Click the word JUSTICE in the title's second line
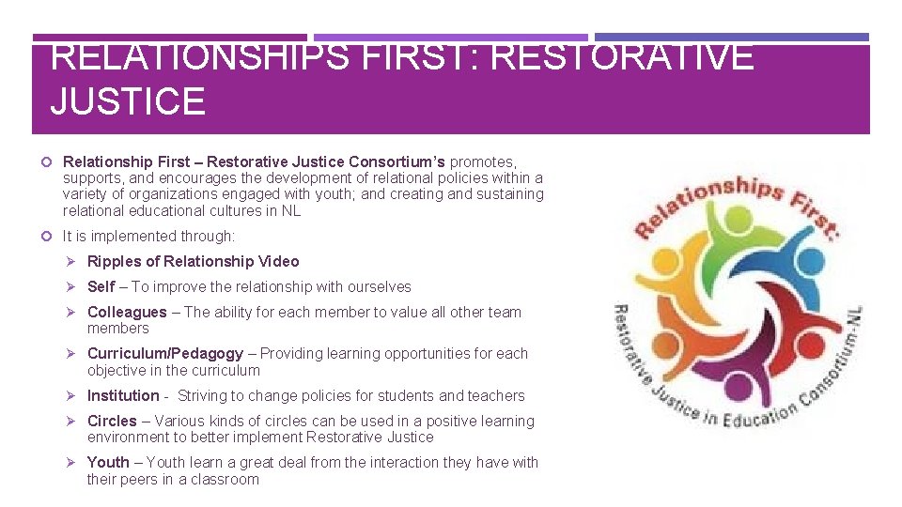pos(128,101)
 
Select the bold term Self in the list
pos(101,286)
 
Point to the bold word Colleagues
pos(127,312)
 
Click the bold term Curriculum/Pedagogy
pos(165,353)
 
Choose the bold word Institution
pos(123,395)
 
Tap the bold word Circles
pos(112,421)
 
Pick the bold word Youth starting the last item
pos(108,462)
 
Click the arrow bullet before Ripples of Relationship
pos(74,261)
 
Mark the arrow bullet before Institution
pos(74,395)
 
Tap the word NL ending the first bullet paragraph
pos(290,210)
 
